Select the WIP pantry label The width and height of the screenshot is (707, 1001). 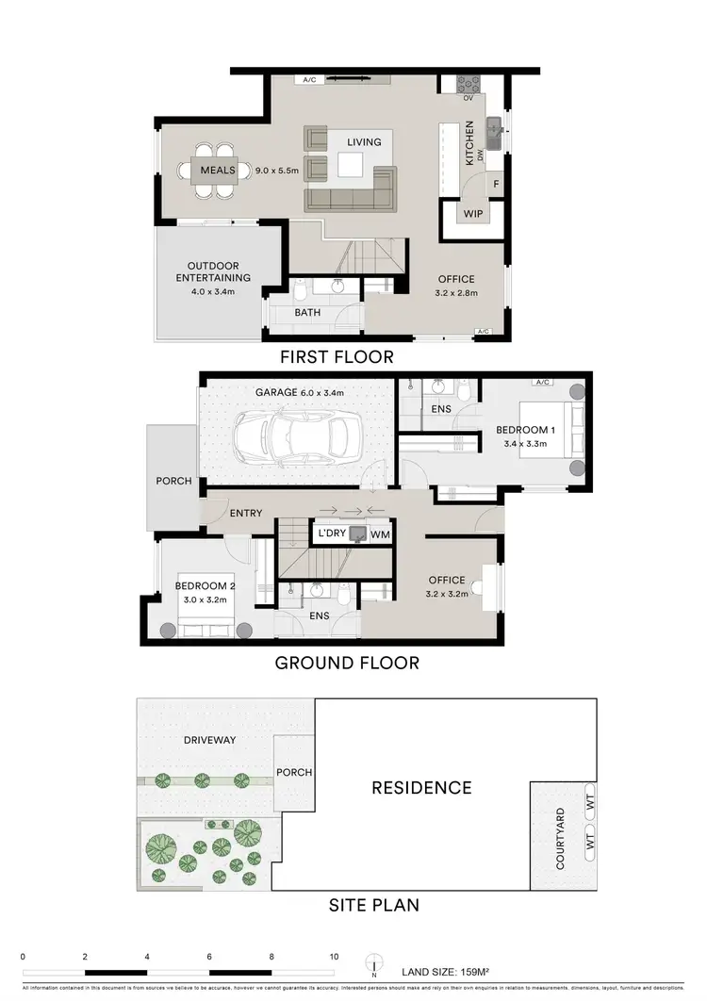471,214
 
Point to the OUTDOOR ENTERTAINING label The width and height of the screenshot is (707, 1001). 218,271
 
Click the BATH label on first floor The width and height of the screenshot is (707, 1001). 307,312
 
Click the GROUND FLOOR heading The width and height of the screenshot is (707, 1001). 346,663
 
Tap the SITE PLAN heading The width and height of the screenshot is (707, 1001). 373,906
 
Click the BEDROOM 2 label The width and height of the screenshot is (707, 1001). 205,585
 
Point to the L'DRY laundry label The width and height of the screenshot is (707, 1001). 333,534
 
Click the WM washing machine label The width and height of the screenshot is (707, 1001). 381,534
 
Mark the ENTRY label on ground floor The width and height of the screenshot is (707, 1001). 246,513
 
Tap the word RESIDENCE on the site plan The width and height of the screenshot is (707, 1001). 420,787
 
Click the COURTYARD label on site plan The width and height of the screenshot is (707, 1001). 560,838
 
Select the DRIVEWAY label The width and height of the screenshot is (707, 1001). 210,740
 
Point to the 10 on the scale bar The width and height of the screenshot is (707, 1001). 334,957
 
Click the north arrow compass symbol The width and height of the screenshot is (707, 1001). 375,964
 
